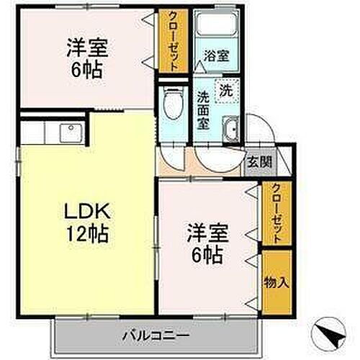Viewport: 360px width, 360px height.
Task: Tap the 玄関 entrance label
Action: point(261,161)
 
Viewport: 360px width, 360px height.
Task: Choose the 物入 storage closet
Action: point(276,282)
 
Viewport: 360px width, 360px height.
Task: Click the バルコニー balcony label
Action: point(155,335)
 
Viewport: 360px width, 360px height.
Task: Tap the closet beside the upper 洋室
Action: point(173,42)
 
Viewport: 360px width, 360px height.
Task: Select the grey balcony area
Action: point(86,335)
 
